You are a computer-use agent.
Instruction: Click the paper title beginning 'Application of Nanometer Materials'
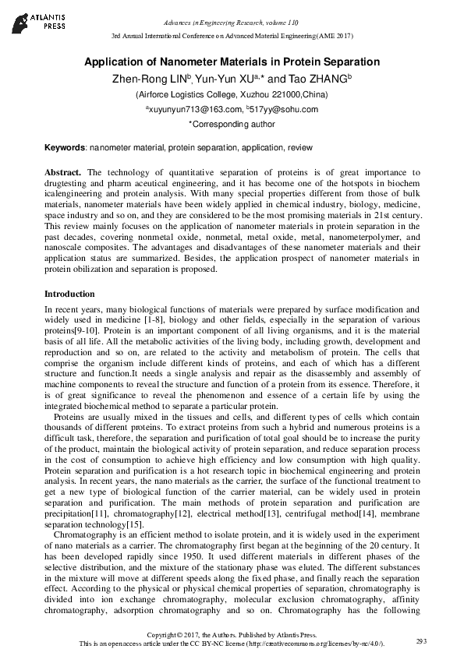click(x=232, y=62)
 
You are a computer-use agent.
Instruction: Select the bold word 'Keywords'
click(x=65, y=146)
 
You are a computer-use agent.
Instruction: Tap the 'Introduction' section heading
click(x=69, y=294)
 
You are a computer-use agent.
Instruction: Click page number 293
click(x=422, y=640)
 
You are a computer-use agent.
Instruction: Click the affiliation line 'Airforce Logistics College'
click(x=232, y=94)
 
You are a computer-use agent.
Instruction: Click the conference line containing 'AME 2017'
click(x=232, y=37)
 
